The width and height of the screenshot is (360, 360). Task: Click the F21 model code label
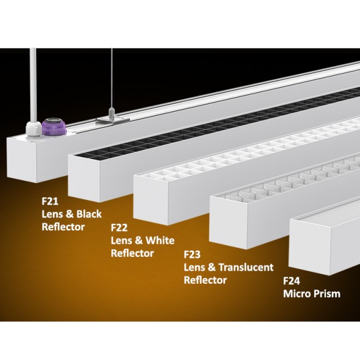pyautogui.click(x=50, y=202)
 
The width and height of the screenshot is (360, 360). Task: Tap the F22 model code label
pyautogui.click(x=119, y=228)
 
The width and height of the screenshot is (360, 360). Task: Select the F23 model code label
pyautogui.click(x=192, y=254)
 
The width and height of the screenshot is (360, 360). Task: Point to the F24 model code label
pyautogui.click(x=292, y=281)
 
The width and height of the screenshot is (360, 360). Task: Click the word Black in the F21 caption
pyautogui.click(x=89, y=214)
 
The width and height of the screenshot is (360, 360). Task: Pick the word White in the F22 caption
pyautogui.click(x=160, y=241)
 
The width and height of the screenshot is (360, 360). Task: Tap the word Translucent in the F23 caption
pyautogui.click(x=246, y=267)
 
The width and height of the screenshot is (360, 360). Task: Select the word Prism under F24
pyautogui.click(x=327, y=294)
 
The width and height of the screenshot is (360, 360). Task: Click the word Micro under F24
pyautogui.click(x=297, y=294)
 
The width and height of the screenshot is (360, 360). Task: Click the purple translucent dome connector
pyautogui.click(x=54, y=127)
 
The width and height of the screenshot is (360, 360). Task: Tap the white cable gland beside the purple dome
pyautogui.click(x=34, y=130)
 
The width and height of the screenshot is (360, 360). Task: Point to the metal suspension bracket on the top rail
pyautogui.click(x=113, y=121)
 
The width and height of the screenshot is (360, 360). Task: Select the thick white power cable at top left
pyautogui.click(x=33, y=85)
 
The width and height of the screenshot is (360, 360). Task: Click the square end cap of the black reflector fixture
pyautogui.click(x=85, y=179)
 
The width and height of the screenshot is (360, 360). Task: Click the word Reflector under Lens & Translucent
pyautogui.click(x=205, y=280)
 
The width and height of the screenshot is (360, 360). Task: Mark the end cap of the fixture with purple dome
pyautogui.click(x=22, y=160)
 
